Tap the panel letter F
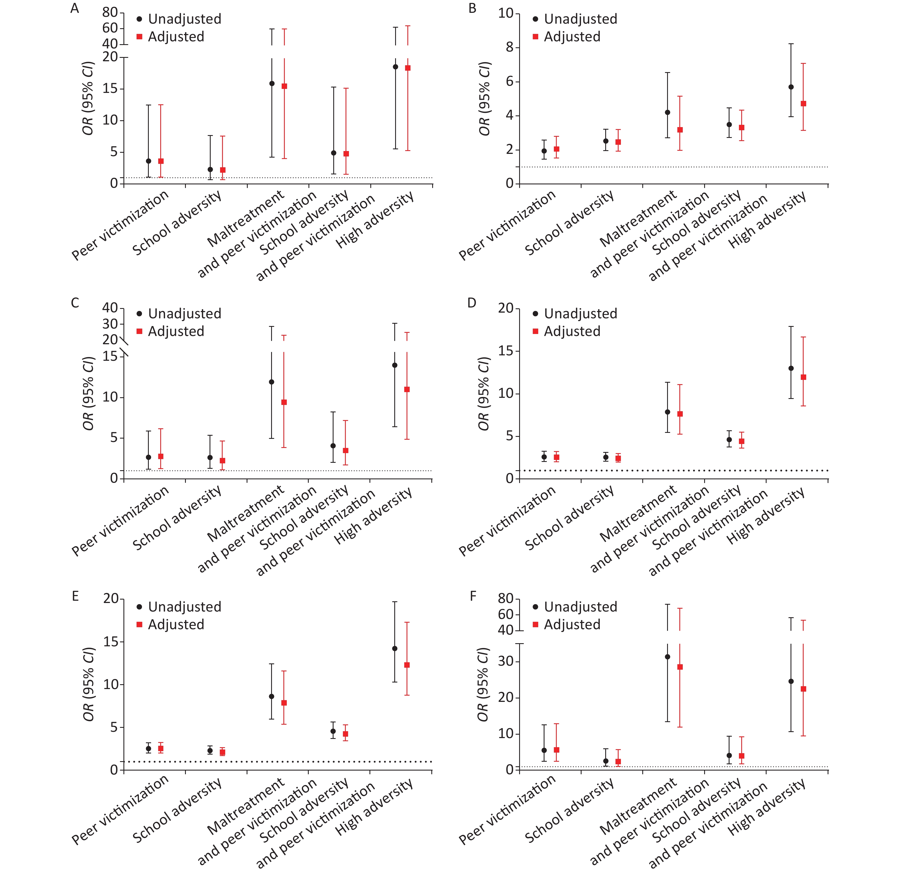[x=473, y=596]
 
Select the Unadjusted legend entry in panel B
[x=575, y=19]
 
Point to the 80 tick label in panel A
[x=110, y=12]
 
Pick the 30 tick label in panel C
[x=110, y=324]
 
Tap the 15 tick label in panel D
[x=506, y=351]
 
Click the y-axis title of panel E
[x=88, y=684]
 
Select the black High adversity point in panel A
[x=395, y=67]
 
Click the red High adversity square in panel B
[x=803, y=104]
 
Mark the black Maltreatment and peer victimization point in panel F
[x=668, y=657]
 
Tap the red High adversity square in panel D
[x=803, y=377]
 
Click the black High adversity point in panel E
[x=395, y=649]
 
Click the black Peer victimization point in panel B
[x=544, y=150]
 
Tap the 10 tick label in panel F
[x=506, y=734]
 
